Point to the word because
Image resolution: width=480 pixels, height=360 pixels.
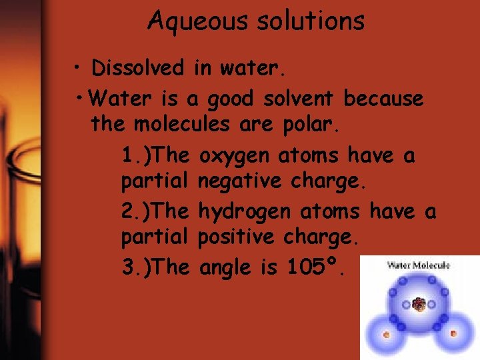tap(383, 99)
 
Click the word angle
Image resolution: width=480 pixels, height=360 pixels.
tap(227, 269)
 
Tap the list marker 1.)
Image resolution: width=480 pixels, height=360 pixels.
tap(138, 156)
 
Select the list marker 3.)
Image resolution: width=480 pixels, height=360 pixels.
tap(138, 267)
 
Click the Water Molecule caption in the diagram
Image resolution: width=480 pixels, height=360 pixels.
tap(419, 265)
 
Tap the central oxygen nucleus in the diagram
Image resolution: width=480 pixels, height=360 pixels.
tap(419, 305)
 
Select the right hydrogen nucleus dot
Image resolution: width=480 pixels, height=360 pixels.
tap(454, 333)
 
